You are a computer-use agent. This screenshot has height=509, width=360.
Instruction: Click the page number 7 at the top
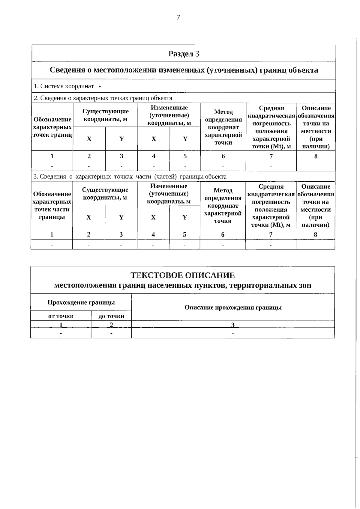[x=178, y=17]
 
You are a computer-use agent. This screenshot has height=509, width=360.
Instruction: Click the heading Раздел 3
[x=184, y=54]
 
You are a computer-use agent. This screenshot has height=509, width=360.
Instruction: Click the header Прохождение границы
[x=81, y=302]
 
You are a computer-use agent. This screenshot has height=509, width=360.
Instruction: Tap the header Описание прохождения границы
[x=233, y=307]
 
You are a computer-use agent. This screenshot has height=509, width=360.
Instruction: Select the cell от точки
[x=61, y=316]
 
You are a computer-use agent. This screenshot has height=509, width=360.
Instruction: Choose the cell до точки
[x=111, y=316]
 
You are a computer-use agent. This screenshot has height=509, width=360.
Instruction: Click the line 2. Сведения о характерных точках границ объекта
[x=103, y=98]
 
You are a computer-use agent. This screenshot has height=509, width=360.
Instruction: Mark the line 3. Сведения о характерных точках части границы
[x=130, y=177]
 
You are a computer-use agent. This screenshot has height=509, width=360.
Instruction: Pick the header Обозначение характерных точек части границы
[x=52, y=205]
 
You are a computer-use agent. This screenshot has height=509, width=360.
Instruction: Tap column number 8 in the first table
[x=316, y=156]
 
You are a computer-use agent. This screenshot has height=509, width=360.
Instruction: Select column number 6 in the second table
[x=223, y=234]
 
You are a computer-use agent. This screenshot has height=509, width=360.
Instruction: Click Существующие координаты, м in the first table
[x=105, y=115]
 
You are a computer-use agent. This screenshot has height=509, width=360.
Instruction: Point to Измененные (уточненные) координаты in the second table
[x=169, y=194]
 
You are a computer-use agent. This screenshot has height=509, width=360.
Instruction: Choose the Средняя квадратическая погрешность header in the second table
[x=271, y=205]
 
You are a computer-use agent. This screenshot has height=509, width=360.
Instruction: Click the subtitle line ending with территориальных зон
[x=182, y=285]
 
